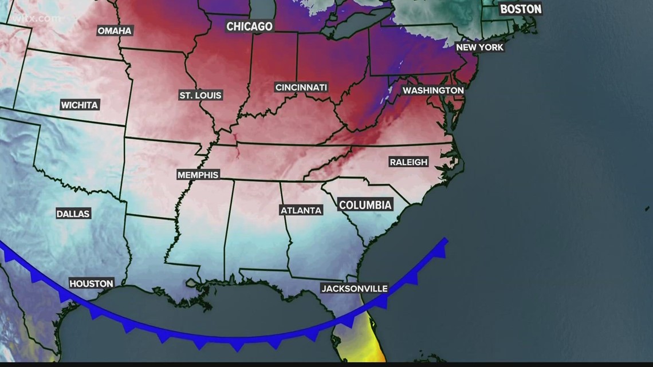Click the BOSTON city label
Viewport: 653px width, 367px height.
[x=520, y=9]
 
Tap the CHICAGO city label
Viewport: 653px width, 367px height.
[x=249, y=26]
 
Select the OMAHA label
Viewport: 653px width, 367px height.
[x=115, y=30]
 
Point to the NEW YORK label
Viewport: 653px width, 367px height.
[x=479, y=47]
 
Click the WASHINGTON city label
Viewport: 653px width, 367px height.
[x=432, y=90]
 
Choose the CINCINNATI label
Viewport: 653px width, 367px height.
[x=301, y=88]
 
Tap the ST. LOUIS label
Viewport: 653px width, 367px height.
[x=200, y=95]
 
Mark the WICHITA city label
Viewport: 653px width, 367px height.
[x=80, y=105]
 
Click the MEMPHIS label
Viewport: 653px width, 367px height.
[x=198, y=175]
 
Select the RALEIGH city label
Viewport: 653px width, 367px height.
[x=408, y=162]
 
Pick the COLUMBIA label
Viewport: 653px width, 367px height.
[x=365, y=205]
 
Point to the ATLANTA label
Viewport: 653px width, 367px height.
[x=301, y=210]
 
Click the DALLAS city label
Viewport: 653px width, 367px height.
[x=73, y=214]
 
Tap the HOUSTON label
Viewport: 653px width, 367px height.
[x=91, y=283]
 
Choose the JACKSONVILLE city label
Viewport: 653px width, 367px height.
[x=354, y=289]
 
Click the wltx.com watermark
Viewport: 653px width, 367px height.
[x=42, y=19]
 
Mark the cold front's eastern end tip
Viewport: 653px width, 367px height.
[x=446, y=240]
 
